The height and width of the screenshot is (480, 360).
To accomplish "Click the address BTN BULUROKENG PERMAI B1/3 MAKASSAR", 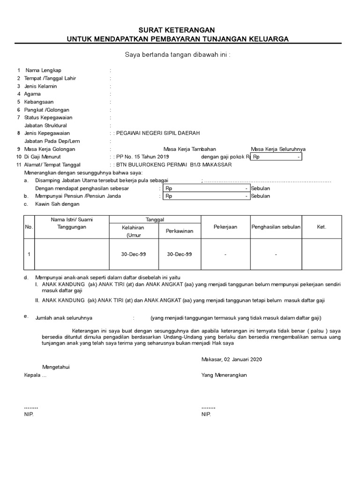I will point(174,165).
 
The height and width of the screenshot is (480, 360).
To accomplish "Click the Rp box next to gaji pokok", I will point(276,157).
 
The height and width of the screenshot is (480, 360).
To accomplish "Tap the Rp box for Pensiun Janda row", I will point(206,196).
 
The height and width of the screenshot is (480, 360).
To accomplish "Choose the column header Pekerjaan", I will point(225,227).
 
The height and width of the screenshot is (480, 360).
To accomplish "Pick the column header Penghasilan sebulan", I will point(276,227).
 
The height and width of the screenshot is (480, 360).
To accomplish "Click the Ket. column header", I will point(322,227).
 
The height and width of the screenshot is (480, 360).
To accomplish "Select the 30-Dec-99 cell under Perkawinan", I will point(180,255).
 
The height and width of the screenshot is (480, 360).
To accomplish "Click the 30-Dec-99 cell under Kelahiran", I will point(134,255).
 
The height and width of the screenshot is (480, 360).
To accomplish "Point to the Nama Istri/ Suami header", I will point(72,219).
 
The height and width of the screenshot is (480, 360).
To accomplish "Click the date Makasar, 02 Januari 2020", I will point(231,360).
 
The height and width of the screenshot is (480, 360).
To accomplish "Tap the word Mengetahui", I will point(56,367).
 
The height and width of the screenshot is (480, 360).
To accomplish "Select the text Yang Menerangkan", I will point(224,375).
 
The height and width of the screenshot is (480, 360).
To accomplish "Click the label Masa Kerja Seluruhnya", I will point(278,149).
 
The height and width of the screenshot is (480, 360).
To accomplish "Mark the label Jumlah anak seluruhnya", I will point(64,318).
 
